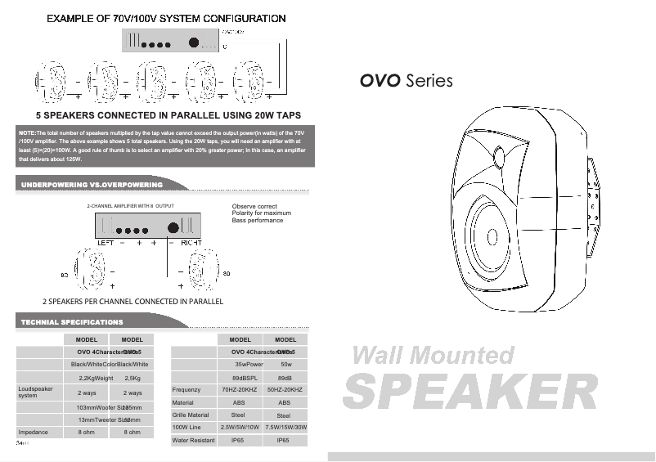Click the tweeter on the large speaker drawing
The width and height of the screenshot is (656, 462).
pos(501,155)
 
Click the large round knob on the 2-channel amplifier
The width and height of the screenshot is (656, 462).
pos(173,228)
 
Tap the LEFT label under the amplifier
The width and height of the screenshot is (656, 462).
pos(106,243)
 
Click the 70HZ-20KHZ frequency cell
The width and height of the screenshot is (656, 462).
pos(240,390)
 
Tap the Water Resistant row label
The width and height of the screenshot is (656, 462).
pos(193,441)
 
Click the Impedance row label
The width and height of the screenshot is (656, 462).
pos(34,432)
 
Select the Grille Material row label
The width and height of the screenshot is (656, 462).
pos(191,415)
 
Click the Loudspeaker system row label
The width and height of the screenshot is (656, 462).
pos(35,392)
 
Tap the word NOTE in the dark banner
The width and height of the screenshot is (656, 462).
pos(27,132)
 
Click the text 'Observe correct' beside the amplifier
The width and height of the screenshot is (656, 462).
pos(254,206)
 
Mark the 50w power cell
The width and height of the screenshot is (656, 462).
pos(286,364)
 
